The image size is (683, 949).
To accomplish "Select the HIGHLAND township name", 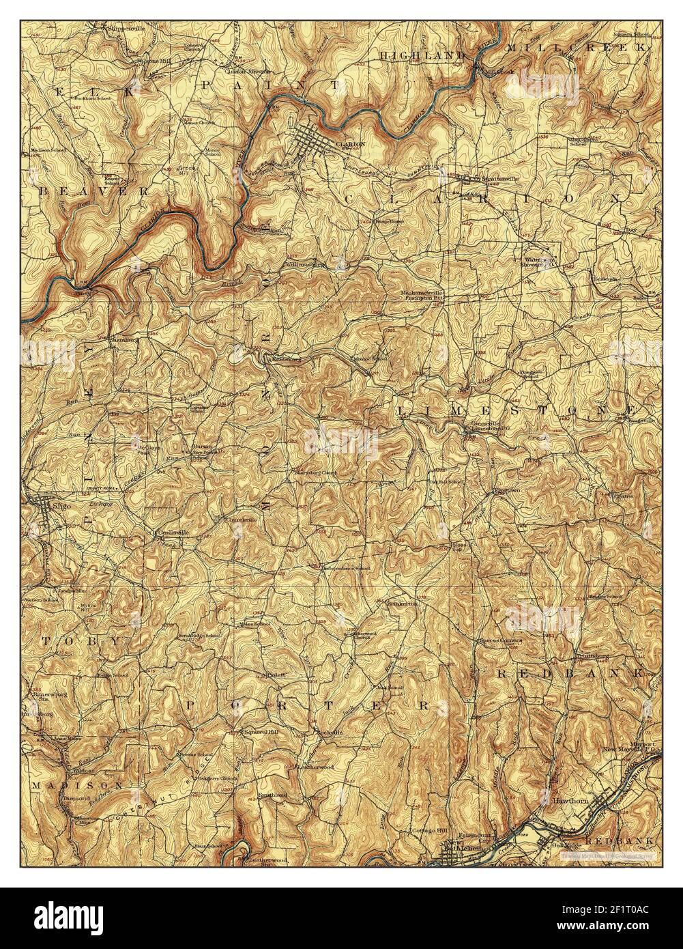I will [422, 55].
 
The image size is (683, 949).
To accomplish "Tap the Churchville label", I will [240, 520].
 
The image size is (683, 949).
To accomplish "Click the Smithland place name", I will [272, 795].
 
